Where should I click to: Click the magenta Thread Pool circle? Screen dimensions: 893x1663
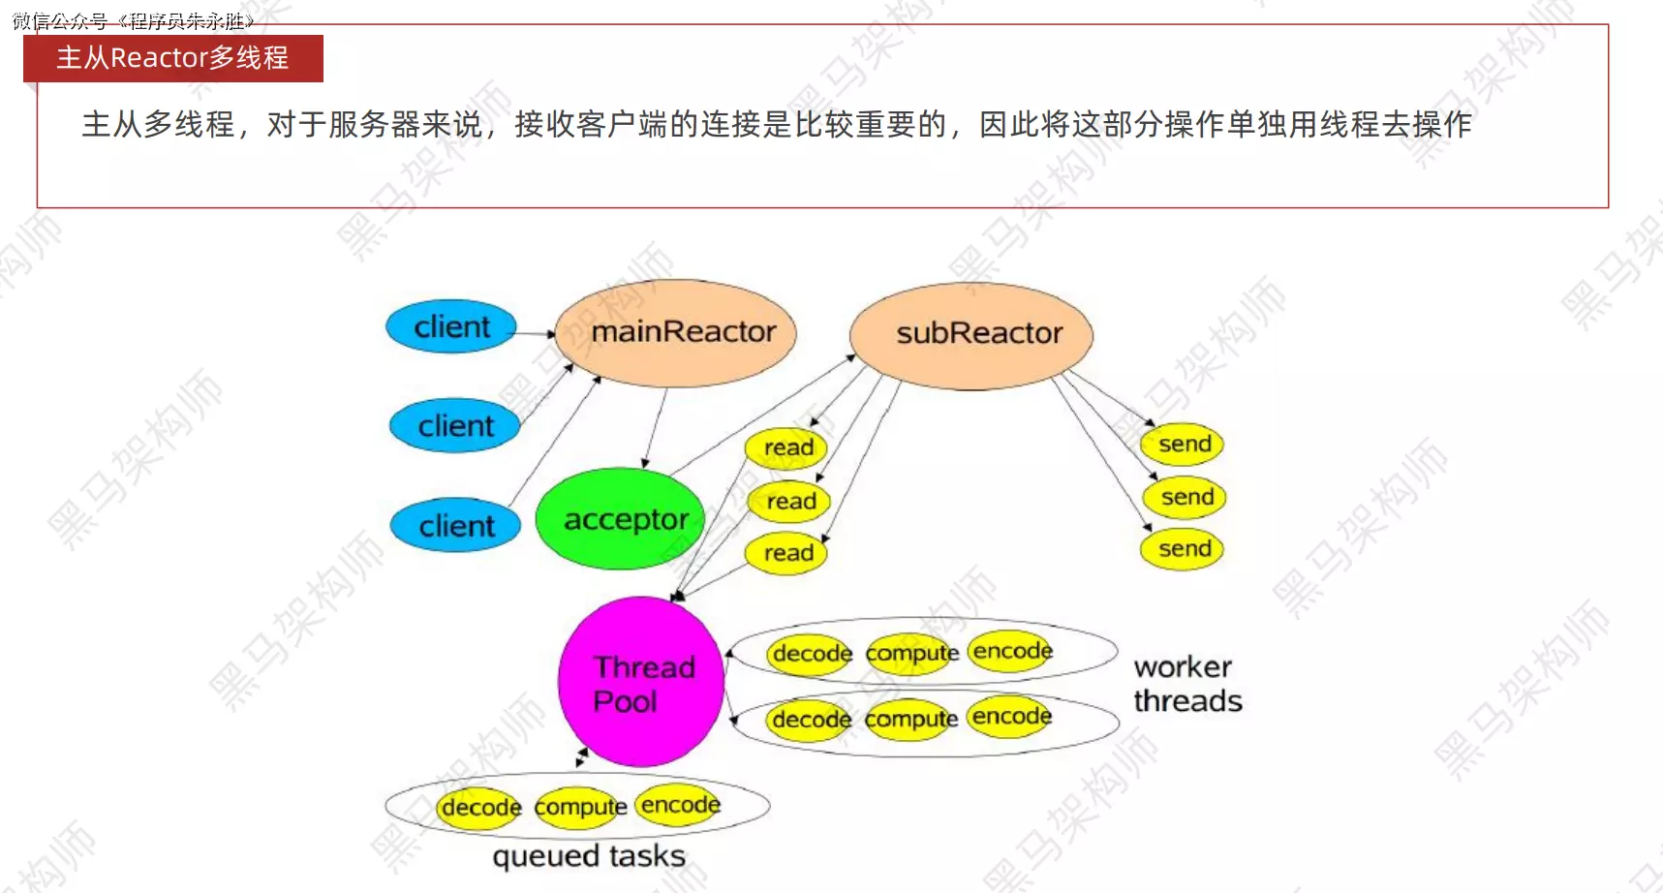point(640,682)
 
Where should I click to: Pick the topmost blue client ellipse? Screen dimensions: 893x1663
point(451,327)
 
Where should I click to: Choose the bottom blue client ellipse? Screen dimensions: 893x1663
point(455,526)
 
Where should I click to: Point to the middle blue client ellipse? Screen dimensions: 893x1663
point(455,426)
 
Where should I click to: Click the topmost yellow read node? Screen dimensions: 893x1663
point(786,447)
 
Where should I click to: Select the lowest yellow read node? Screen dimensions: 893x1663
point(786,553)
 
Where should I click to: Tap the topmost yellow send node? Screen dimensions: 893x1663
point(1183,445)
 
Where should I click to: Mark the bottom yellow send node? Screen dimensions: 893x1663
point(1183,549)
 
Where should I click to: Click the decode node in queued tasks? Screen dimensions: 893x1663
point(480,808)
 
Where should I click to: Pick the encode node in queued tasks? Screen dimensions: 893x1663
point(680,805)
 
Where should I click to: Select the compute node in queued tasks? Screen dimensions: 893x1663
point(579,807)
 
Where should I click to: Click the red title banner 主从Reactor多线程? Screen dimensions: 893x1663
point(172,58)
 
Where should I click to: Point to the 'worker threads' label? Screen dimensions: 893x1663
point(1186,684)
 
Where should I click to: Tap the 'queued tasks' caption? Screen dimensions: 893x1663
point(588,856)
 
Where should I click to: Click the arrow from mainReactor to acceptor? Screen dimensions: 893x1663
point(656,427)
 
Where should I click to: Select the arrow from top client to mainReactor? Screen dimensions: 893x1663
point(535,333)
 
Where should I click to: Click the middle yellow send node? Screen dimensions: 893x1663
point(1186,498)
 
